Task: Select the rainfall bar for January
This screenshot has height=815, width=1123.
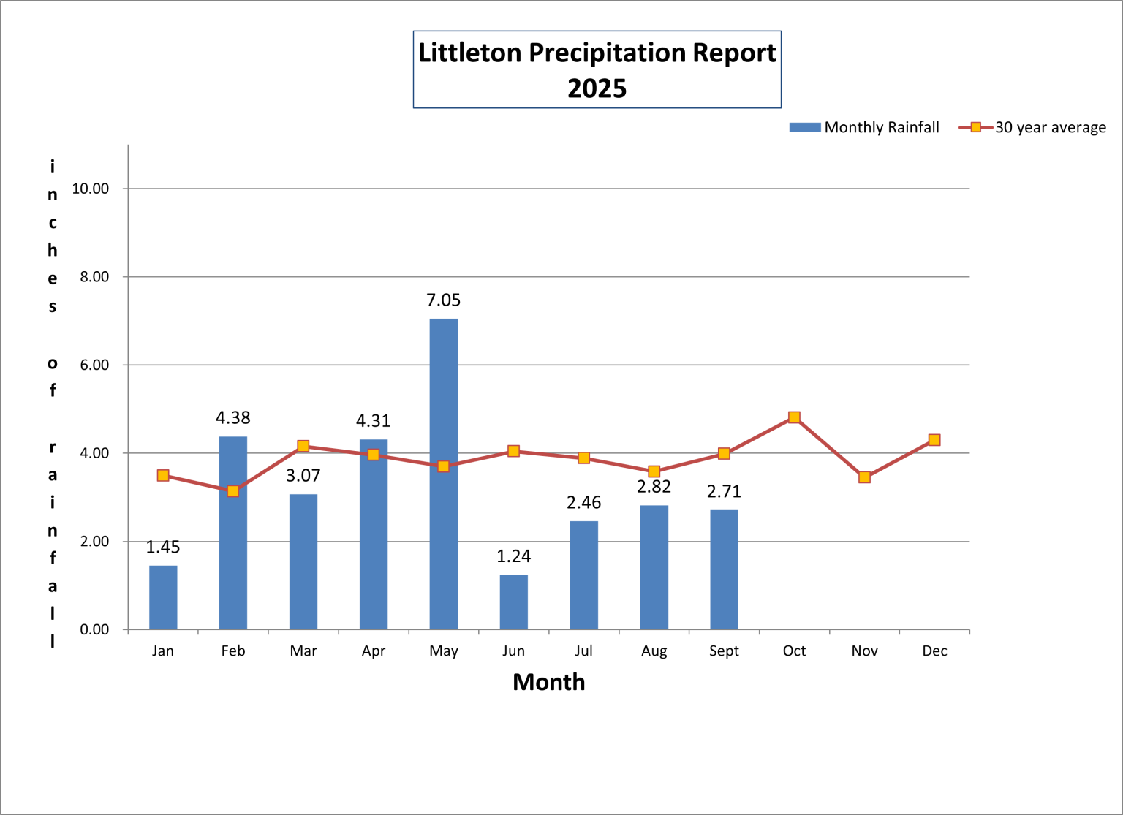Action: (163, 597)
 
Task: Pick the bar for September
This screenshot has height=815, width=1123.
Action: (724, 569)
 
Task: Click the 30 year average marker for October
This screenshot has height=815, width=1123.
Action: (794, 417)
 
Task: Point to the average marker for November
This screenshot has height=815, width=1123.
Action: (864, 477)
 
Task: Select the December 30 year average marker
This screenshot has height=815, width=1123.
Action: (934, 440)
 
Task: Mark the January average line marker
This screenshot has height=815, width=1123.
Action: (163, 476)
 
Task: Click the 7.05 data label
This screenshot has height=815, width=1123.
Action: (443, 300)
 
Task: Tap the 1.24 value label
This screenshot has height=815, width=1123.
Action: (513, 556)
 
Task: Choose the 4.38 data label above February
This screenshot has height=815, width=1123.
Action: (232, 418)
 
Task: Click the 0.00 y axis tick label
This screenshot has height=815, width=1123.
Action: (94, 629)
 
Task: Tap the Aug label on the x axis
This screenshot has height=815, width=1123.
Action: (654, 651)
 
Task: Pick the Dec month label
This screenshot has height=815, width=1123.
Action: (934, 651)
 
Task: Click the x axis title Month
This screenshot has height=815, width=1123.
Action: (548, 682)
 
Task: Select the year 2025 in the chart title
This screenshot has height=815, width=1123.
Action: (597, 88)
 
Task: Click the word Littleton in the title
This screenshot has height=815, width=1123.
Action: (469, 53)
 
